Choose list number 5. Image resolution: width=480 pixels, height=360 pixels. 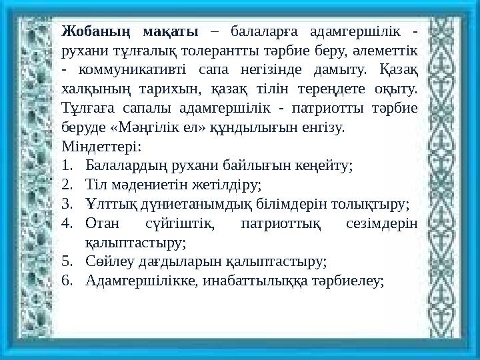pos(66,263)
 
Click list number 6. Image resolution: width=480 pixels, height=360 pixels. pos(66,282)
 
